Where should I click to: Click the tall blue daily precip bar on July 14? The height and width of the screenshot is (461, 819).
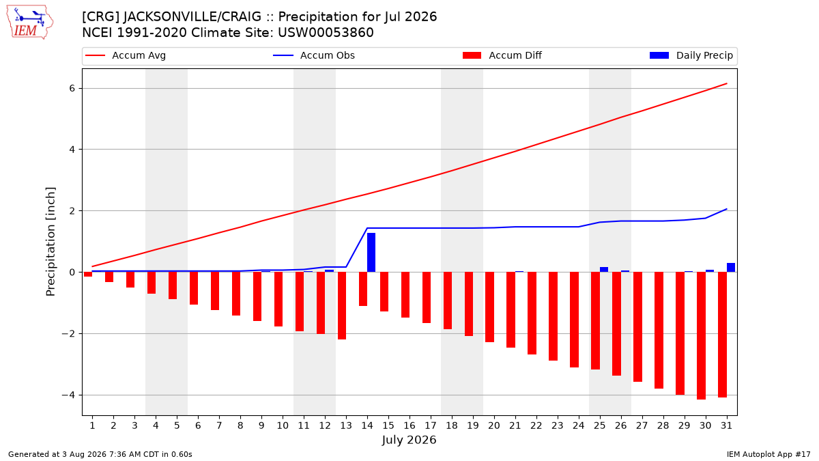point(371,253)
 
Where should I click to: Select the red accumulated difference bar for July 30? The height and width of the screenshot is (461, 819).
point(702,335)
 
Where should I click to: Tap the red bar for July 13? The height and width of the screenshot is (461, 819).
point(342,305)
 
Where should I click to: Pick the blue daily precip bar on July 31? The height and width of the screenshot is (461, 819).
point(731,268)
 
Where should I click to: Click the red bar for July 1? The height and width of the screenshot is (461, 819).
point(88,274)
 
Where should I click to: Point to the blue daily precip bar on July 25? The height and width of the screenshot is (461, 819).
point(604,270)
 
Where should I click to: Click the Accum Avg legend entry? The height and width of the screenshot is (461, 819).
point(126,55)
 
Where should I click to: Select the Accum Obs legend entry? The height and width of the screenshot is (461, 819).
point(314,55)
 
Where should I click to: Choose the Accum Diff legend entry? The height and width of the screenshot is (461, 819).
point(502,55)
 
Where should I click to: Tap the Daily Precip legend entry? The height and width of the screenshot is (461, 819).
point(691,55)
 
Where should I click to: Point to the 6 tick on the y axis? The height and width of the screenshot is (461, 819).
point(72,89)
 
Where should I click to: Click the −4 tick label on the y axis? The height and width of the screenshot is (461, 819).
point(68,395)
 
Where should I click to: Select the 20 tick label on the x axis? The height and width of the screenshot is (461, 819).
point(494,425)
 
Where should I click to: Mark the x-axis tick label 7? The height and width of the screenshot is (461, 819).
point(219,425)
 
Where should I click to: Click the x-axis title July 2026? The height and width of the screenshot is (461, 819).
point(409,440)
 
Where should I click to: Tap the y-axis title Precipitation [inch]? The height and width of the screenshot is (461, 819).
point(51,242)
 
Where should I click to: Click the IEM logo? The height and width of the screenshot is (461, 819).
point(29,23)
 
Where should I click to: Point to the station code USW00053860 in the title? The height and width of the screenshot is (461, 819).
point(326,33)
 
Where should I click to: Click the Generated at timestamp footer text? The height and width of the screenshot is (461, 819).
point(100,454)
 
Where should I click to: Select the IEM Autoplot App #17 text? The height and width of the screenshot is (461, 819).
point(768,454)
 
